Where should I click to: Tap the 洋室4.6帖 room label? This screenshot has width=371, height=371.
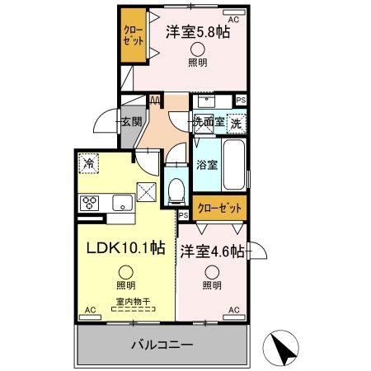click(x=213, y=251)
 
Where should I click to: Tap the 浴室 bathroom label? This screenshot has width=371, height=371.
click(x=208, y=164)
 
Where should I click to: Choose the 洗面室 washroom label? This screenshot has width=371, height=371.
click(x=209, y=124)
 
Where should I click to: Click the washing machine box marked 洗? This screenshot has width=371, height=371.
click(x=237, y=124)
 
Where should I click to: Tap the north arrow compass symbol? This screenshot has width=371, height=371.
click(x=283, y=348)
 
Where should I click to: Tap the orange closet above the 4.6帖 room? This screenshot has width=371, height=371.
click(x=218, y=208)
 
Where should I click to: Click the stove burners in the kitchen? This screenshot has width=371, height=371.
click(x=90, y=203)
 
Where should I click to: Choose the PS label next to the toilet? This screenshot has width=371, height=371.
click(x=183, y=214)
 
